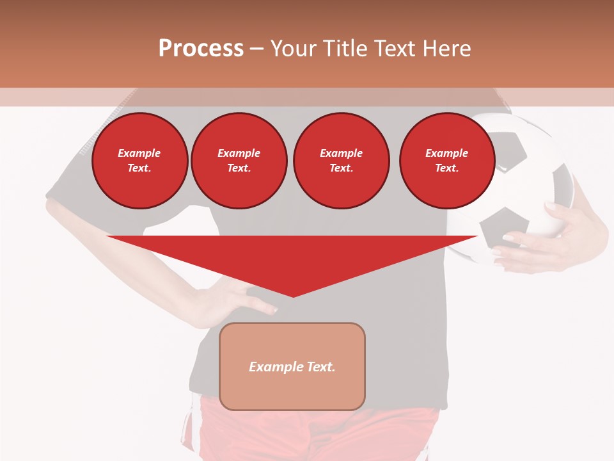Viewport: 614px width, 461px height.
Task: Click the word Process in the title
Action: (201, 49)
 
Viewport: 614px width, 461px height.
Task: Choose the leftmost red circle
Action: (139, 161)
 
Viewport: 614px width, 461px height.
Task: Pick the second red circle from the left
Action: (239, 161)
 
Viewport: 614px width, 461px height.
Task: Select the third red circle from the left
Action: (341, 161)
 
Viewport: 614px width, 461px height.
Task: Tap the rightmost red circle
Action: (446, 161)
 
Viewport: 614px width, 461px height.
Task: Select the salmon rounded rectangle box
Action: (292, 366)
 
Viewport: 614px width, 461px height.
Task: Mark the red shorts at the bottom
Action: (320, 435)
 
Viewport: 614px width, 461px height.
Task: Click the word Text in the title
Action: (395, 49)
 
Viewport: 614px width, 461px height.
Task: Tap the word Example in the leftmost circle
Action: (139, 153)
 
